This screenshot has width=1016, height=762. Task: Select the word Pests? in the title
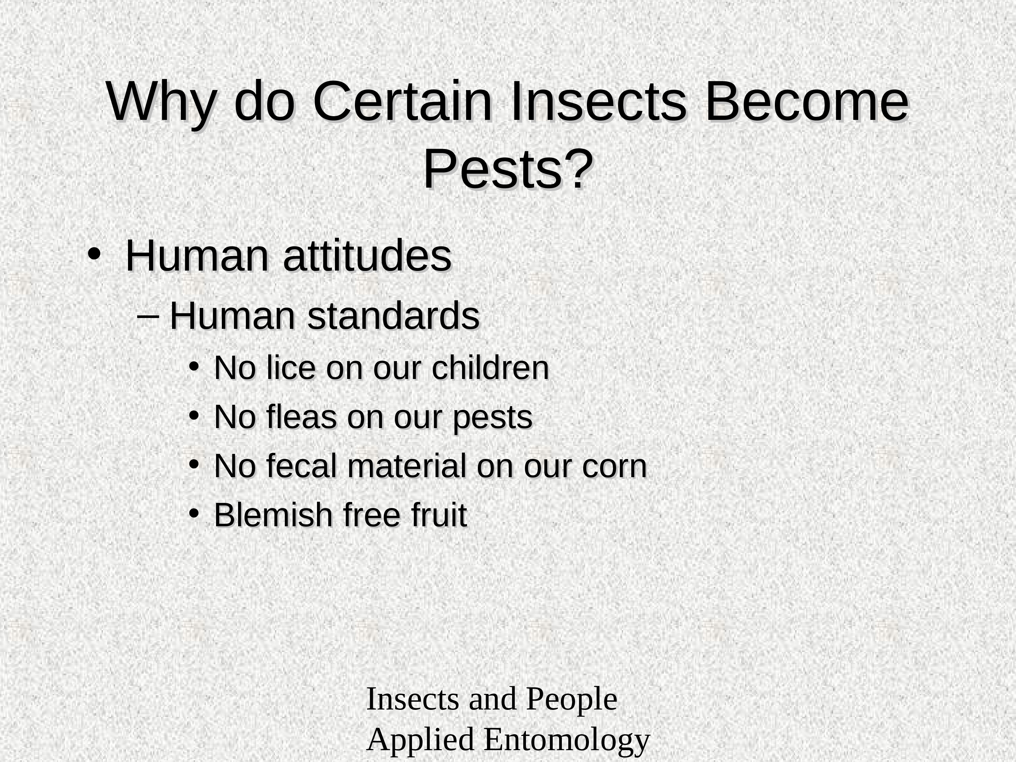[508, 169]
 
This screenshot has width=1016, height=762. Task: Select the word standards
[394, 316]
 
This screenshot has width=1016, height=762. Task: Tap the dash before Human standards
[148, 316]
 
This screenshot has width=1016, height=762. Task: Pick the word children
[490, 368]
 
